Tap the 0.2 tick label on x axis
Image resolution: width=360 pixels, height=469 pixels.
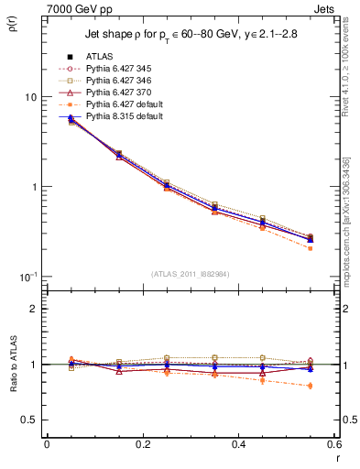[142, 444]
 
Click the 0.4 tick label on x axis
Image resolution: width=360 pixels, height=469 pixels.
[238, 444]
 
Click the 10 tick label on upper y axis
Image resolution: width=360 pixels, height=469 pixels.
[30, 97]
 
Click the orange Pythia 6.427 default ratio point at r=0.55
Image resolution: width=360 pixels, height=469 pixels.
[311, 386]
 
